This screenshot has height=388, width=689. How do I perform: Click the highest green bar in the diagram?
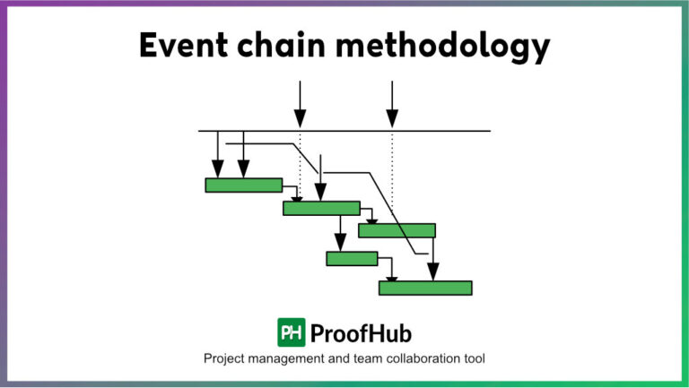point(243,185)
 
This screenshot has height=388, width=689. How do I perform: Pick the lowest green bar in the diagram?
point(425,288)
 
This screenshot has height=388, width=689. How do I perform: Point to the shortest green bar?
point(352,259)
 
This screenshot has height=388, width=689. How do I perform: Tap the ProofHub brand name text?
point(361,333)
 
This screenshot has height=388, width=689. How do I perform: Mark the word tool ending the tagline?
point(474,359)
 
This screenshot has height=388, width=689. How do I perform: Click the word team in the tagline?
point(369,359)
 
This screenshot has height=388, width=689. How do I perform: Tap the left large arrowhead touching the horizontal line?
point(300,118)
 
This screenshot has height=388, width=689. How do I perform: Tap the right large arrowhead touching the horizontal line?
point(392,118)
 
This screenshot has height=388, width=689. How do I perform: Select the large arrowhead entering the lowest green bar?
point(432,271)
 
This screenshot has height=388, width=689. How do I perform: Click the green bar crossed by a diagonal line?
point(397,230)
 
